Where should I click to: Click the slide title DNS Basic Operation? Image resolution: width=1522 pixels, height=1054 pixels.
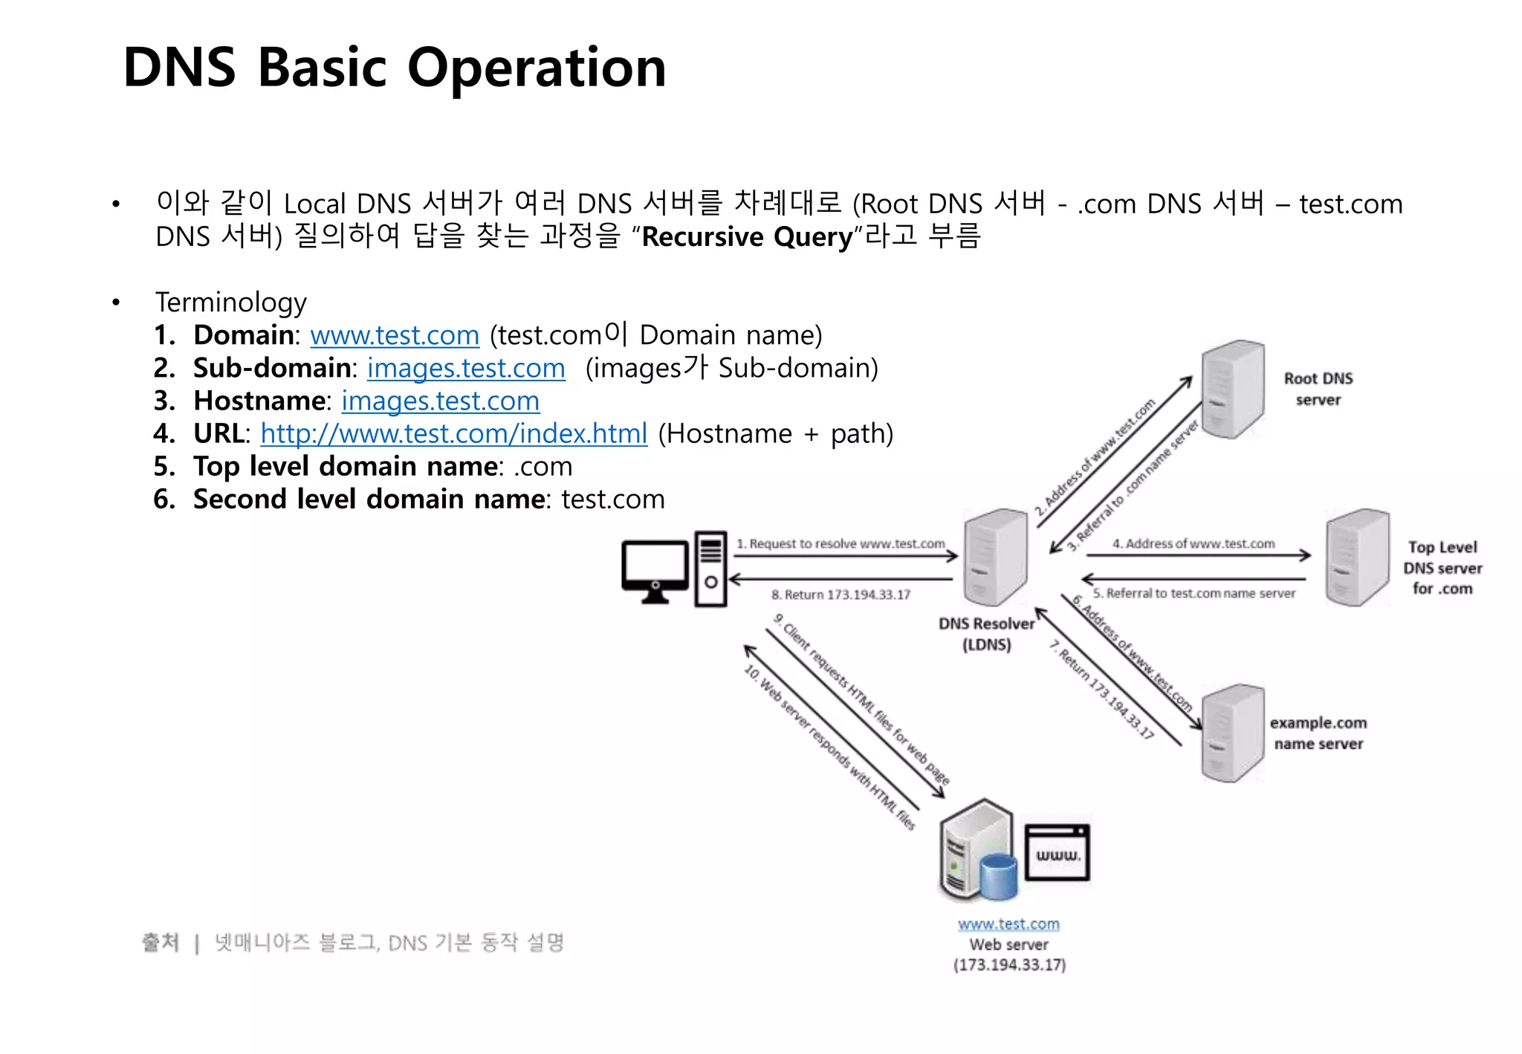[394, 68]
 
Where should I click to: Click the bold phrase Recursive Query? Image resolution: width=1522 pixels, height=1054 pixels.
[747, 237]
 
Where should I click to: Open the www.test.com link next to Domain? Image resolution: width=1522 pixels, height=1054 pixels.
[395, 335]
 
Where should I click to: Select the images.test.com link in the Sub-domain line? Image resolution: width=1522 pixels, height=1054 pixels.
[466, 368]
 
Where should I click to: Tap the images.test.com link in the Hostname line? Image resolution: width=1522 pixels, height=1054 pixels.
[440, 401]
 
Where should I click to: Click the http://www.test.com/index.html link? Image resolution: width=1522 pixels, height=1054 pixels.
[454, 433]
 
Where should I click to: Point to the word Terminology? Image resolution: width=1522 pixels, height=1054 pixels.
[231, 303]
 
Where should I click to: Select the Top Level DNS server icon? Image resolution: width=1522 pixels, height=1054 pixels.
[1357, 557]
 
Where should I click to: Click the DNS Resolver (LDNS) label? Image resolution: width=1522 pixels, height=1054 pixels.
[986, 634]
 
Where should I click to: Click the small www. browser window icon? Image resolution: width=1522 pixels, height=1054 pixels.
[1058, 853]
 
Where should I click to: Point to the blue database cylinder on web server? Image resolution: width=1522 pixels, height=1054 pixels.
[998, 876]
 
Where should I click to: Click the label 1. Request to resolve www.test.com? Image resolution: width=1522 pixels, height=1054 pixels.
[841, 544]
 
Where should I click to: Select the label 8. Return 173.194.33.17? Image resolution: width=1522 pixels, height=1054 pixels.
[841, 595]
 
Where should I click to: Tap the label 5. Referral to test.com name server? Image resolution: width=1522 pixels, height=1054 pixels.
[1194, 593]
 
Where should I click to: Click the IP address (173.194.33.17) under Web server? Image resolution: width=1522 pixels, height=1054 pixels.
[1009, 965]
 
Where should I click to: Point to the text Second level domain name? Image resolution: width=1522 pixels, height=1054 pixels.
[369, 499]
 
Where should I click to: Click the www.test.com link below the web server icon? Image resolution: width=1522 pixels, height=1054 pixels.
[1008, 924]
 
